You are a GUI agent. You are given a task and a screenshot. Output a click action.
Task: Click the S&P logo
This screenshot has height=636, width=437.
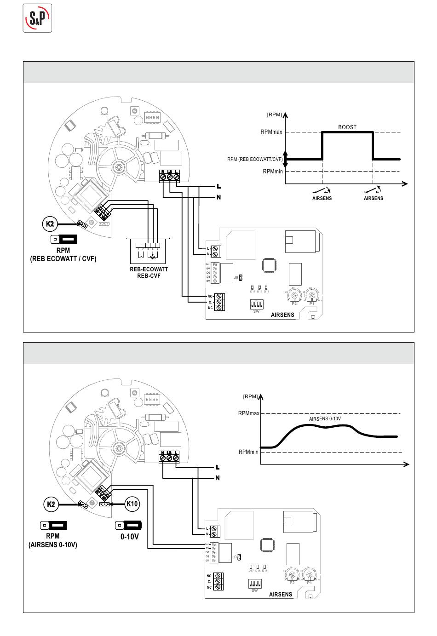point(37,18)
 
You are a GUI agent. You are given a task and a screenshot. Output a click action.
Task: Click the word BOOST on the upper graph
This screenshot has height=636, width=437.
point(347,127)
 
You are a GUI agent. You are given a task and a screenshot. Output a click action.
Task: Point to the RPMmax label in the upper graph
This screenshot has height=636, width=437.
point(271,132)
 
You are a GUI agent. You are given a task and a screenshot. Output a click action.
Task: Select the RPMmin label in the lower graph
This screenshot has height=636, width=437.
point(248,452)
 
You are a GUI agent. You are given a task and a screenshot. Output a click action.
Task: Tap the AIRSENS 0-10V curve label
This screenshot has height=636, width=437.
point(325,419)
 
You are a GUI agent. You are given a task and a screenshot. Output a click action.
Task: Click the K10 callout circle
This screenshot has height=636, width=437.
point(132,504)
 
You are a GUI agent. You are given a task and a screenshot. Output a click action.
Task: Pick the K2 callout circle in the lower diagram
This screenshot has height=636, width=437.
point(52,504)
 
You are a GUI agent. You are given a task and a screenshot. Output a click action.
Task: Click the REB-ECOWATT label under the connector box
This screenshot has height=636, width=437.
point(149,269)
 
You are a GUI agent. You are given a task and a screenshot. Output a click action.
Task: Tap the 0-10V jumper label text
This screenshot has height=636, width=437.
point(129,537)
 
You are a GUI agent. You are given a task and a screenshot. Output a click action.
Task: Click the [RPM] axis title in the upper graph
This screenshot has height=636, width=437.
point(274,115)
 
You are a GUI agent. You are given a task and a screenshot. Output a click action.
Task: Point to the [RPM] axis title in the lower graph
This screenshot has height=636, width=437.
point(250,396)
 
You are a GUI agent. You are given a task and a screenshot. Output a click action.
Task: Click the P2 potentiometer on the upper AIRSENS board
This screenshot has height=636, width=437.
point(294,296)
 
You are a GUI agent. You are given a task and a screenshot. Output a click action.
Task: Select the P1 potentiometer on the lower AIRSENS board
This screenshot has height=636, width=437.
point(310,575)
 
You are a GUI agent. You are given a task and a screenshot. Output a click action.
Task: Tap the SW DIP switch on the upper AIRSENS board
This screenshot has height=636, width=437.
point(256,304)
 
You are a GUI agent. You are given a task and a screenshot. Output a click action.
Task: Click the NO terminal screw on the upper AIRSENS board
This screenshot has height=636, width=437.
point(219,296)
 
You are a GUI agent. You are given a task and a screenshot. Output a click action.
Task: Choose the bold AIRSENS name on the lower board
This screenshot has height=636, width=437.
point(281,594)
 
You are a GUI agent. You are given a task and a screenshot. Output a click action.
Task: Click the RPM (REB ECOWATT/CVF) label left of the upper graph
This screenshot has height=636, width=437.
point(255,160)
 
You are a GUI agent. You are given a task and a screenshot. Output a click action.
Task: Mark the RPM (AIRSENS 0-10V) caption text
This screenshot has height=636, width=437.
point(53,540)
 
